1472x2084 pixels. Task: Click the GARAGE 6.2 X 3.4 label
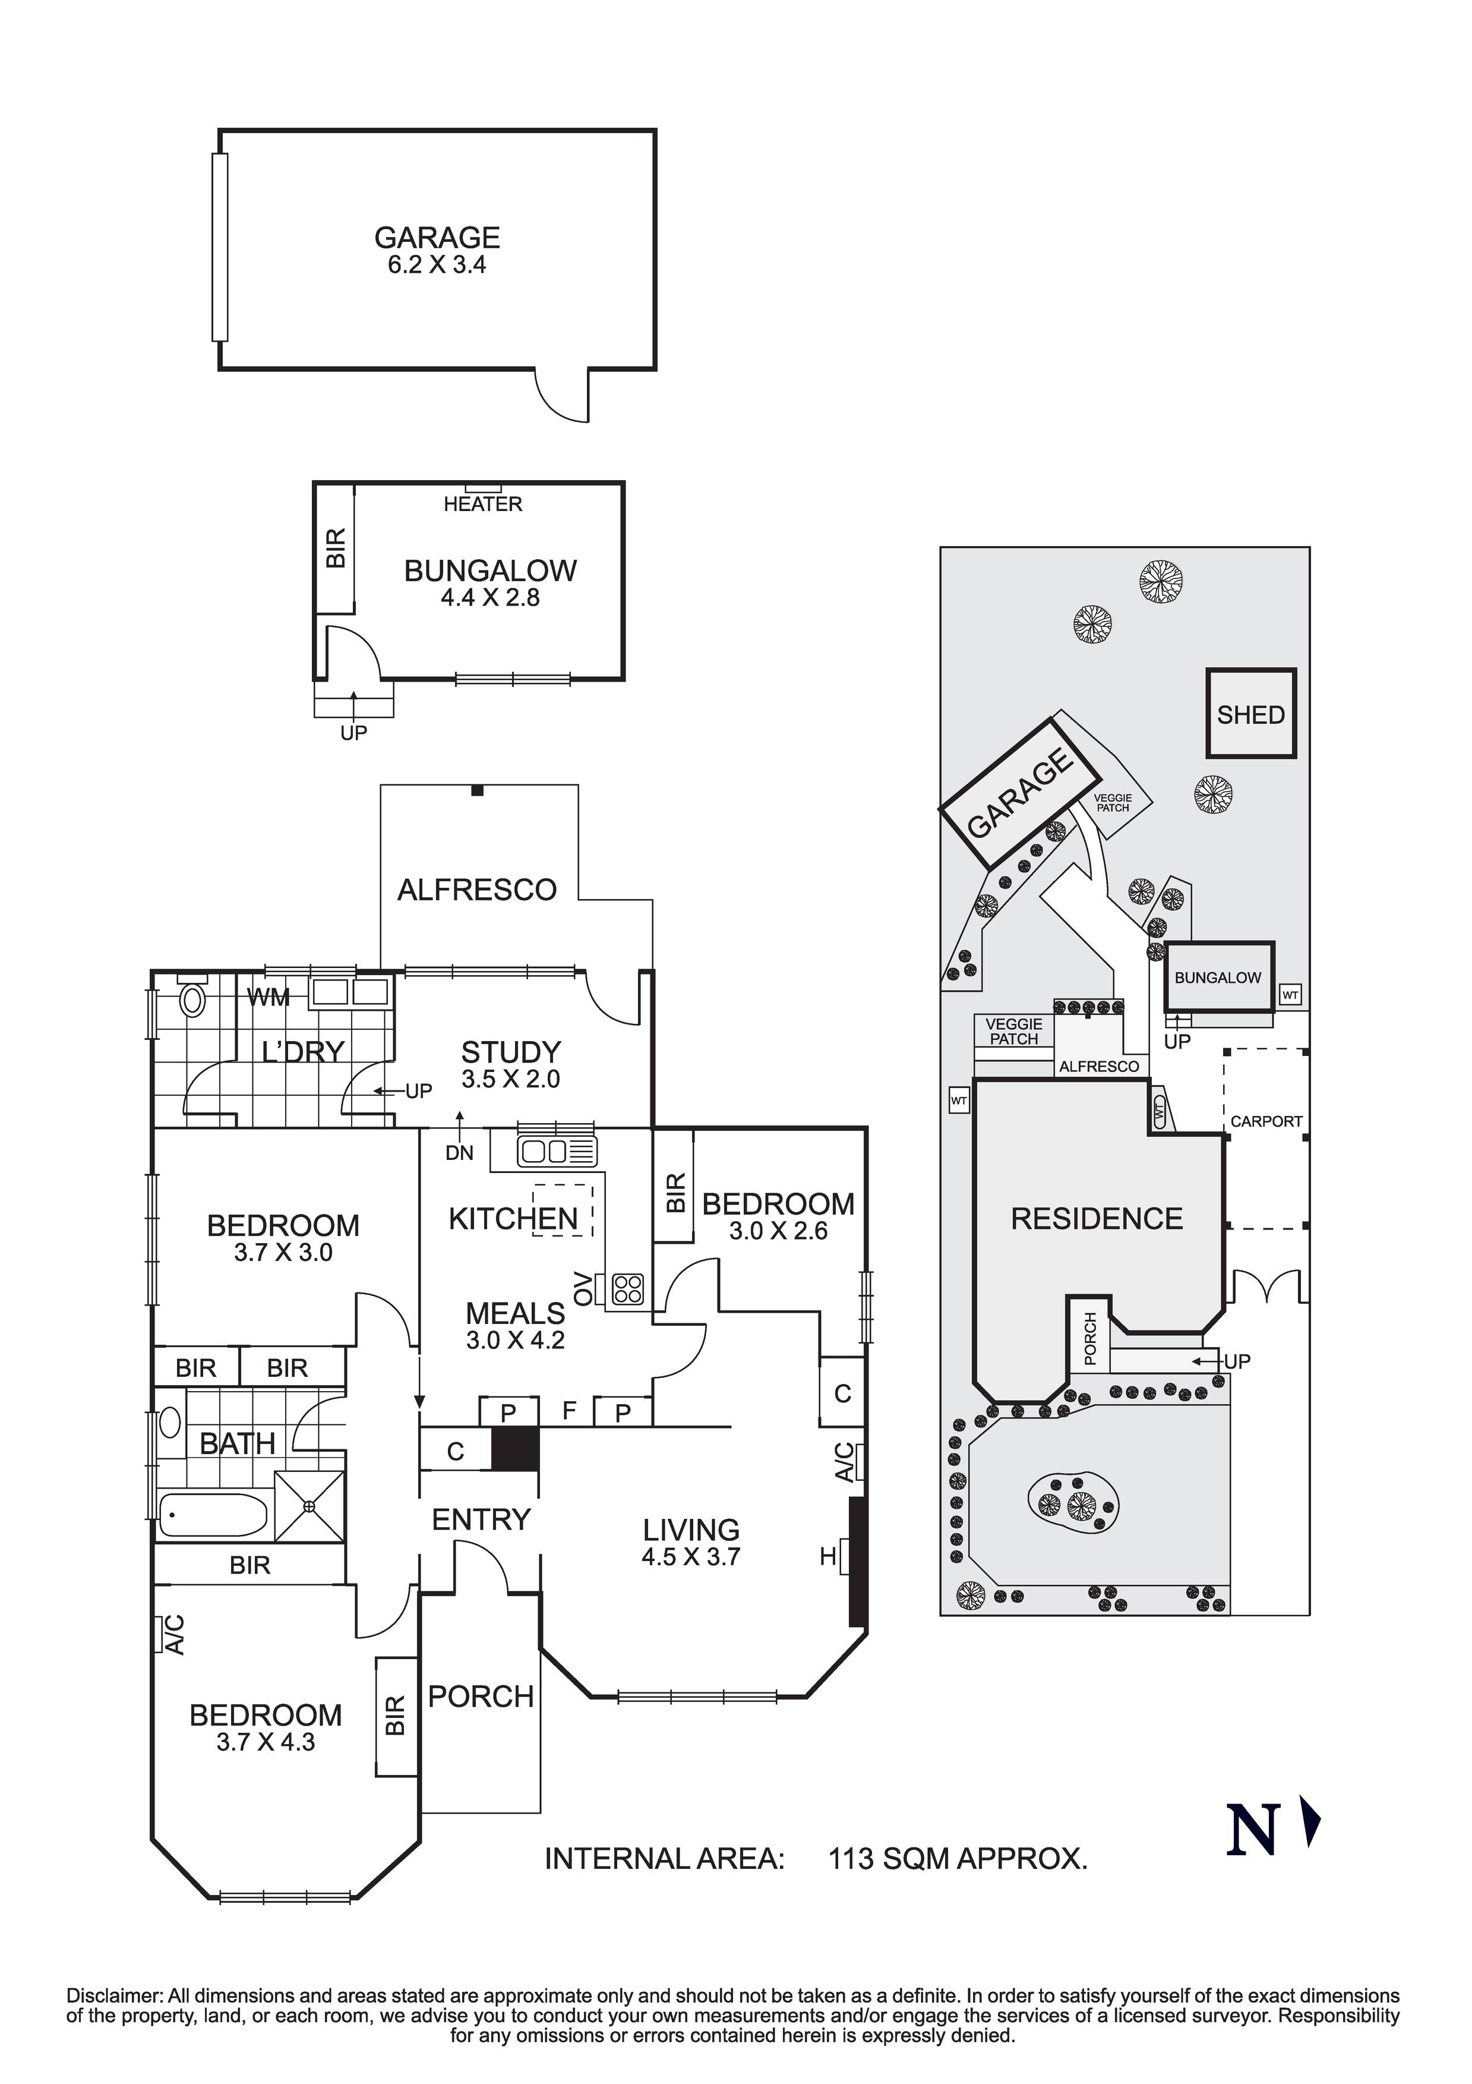[437, 251]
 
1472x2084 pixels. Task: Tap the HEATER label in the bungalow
[483, 504]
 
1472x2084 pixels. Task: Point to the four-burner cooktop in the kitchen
[628, 1289]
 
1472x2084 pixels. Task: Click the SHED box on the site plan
[1250, 714]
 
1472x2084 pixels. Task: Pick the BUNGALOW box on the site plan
[1219, 977]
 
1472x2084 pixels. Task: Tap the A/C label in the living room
[845, 1462]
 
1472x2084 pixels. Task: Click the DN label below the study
[460, 1153]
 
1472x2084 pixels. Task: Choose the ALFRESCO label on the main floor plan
[478, 890]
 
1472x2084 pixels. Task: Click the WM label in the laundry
[269, 998]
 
